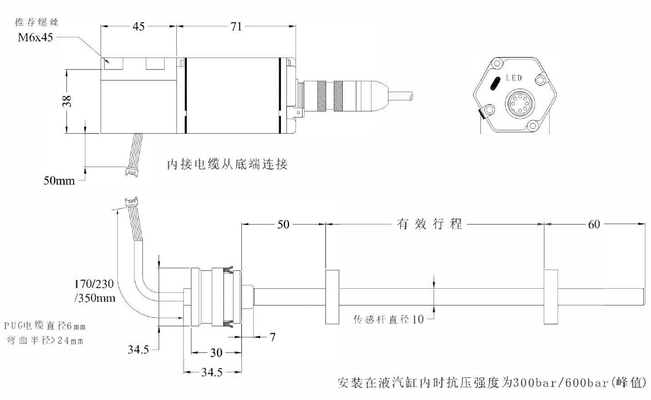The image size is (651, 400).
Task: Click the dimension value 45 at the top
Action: pyautogui.click(x=139, y=26)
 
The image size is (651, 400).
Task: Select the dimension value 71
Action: pyautogui.click(x=236, y=26)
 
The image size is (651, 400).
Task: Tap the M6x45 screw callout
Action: pyautogui.click(x=35, y=38)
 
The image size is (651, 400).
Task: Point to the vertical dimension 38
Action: pyautogui.click(x=67, y=101)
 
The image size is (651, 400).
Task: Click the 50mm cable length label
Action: pyautogui.click(x=59, y=180)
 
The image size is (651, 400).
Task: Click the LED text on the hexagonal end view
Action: pyautogui.click(x=514, y=78)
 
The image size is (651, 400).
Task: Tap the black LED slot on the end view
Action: pyautogui.click(x=495, y=83)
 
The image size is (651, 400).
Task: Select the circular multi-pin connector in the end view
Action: pyautogui.click(x=520, y=104)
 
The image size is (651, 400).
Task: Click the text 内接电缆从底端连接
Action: pyautogui.click(x=227, y=164)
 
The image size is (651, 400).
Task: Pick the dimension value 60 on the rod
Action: pyautogui.click(x=594, y=225)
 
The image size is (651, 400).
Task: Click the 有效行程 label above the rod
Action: pyautogui.click(x=429, y=224)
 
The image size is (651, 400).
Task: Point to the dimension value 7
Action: pyautogui.click(x=272, y=337)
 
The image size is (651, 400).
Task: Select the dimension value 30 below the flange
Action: pyautogui.click(x=216, y=352)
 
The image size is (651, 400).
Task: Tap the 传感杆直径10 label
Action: pyautogui.click(x=389, y=320)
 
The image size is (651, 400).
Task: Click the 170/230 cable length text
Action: pyautogui.click(x=94, y=284)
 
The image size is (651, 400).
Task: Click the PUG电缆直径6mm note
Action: pyautogui.click(x=45, y=326)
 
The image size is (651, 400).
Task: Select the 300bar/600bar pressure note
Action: pyautogui.click(x=491, y=383)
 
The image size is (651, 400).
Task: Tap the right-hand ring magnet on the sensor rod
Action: pyautogui.click(x=551, y=297)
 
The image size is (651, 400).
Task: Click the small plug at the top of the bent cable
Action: pyautogui.click(x=132, y=201)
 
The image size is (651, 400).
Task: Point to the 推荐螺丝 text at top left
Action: pyautogui.click(x=36, y=22)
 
